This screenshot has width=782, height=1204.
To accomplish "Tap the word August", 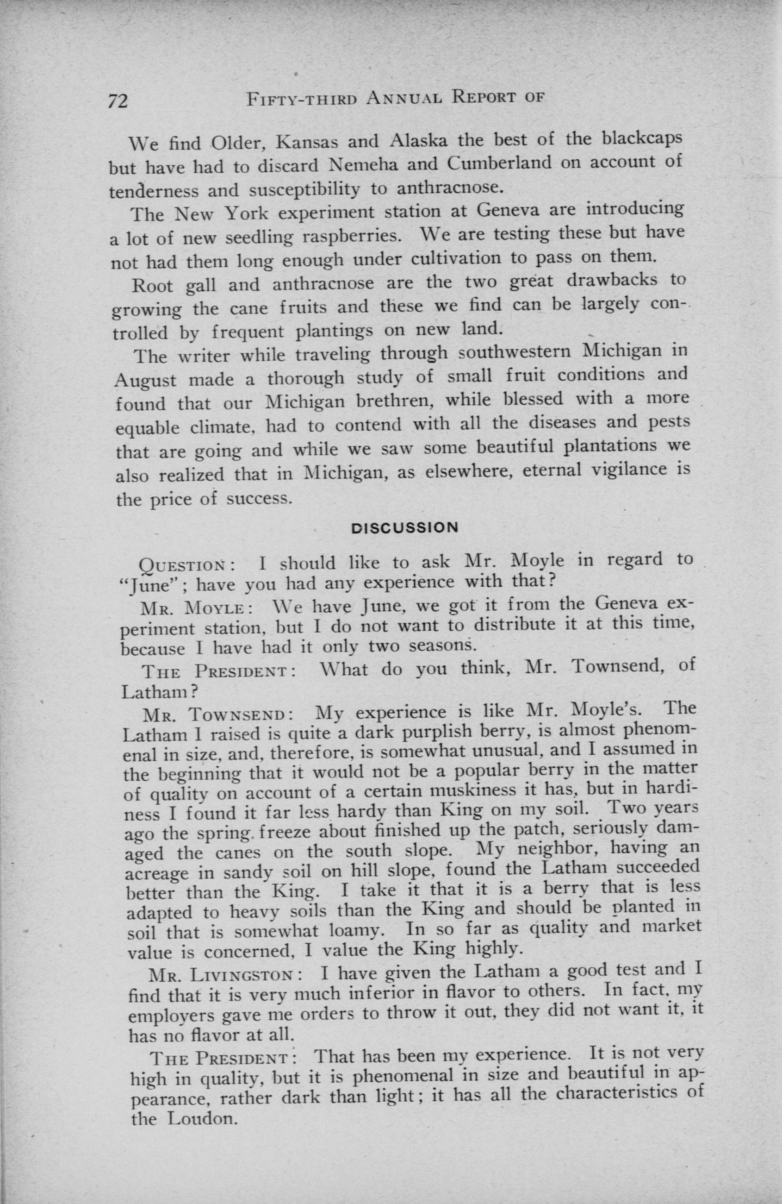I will click(146, 380).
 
